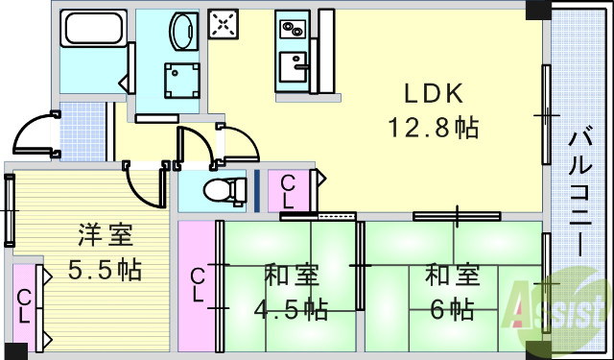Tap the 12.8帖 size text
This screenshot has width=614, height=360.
coord(433,126)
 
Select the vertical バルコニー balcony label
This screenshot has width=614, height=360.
coord(579,192)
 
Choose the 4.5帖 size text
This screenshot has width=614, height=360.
coord(292,309)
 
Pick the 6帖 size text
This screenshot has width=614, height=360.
coord(452,309)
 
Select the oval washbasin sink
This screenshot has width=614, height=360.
coord(182,33)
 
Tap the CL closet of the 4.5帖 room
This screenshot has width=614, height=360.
coord(198,285)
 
